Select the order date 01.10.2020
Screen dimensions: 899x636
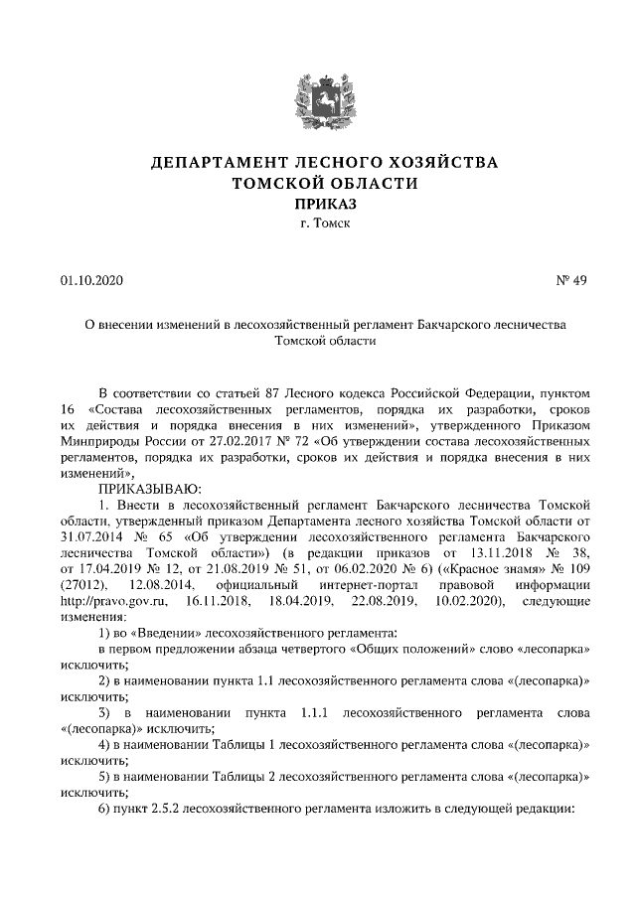[90, 281]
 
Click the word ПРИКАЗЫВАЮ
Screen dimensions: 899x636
[149, 489]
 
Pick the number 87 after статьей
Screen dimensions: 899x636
[295, 394]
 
